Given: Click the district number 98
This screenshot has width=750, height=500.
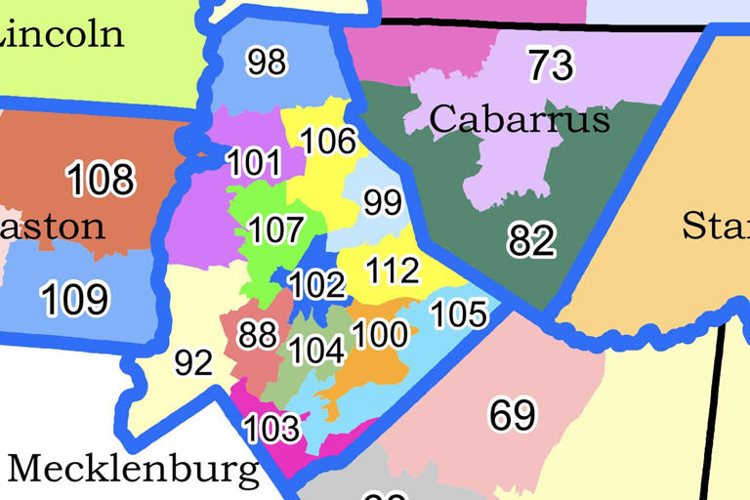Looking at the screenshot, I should (x=267, y=62).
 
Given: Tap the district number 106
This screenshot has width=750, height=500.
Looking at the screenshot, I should (x=328, y=142).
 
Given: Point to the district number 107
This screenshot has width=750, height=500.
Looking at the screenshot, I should (x=276, y=231).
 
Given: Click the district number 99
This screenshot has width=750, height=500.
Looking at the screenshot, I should (x=383, y=203).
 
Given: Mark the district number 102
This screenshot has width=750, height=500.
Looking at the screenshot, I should (x=317, y=285).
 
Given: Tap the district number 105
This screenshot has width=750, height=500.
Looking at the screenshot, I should (x=459, y=313).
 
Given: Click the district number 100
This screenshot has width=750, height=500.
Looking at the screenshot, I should (x=379, y=335).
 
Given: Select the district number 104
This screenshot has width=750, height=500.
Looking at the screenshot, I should (x=317, y=350).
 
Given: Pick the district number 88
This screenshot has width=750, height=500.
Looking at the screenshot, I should (x=258, y=335).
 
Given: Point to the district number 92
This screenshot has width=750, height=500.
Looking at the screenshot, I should (x=193, y=363).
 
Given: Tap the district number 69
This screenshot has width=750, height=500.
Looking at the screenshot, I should (x=513, y=415).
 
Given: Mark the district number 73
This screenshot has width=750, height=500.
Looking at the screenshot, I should (x=551, y=66).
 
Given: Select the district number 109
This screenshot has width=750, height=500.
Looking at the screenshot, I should (x=75, y=299).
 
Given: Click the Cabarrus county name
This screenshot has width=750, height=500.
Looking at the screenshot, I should (x=520, y=119).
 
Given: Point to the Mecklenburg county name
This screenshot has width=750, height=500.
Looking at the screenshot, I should (x=134, y=470).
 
